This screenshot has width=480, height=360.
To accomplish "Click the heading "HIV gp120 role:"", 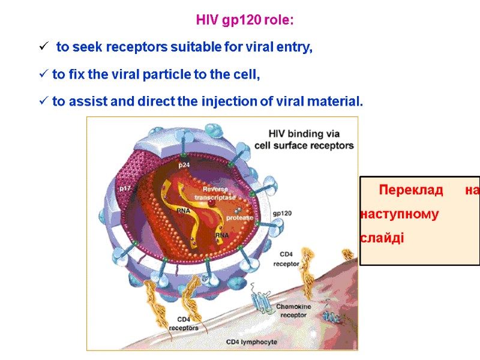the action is [x=245, y=20].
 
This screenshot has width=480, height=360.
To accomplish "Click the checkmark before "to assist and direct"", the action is [x=43, y=101].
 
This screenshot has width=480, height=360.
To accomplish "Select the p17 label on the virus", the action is [x=125, y=188].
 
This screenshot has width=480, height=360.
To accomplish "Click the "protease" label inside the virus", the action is [x=239, y=217].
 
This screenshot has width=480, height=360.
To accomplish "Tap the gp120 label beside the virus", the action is [x=282, y=212].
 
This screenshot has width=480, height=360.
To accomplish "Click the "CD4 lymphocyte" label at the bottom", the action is [x=251, y=341].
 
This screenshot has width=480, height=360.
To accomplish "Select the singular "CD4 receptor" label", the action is [x=286, y=259].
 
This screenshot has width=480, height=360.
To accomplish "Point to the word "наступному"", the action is [x=399, y=214].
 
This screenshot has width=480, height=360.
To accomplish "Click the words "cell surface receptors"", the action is [x=304, y=145].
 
